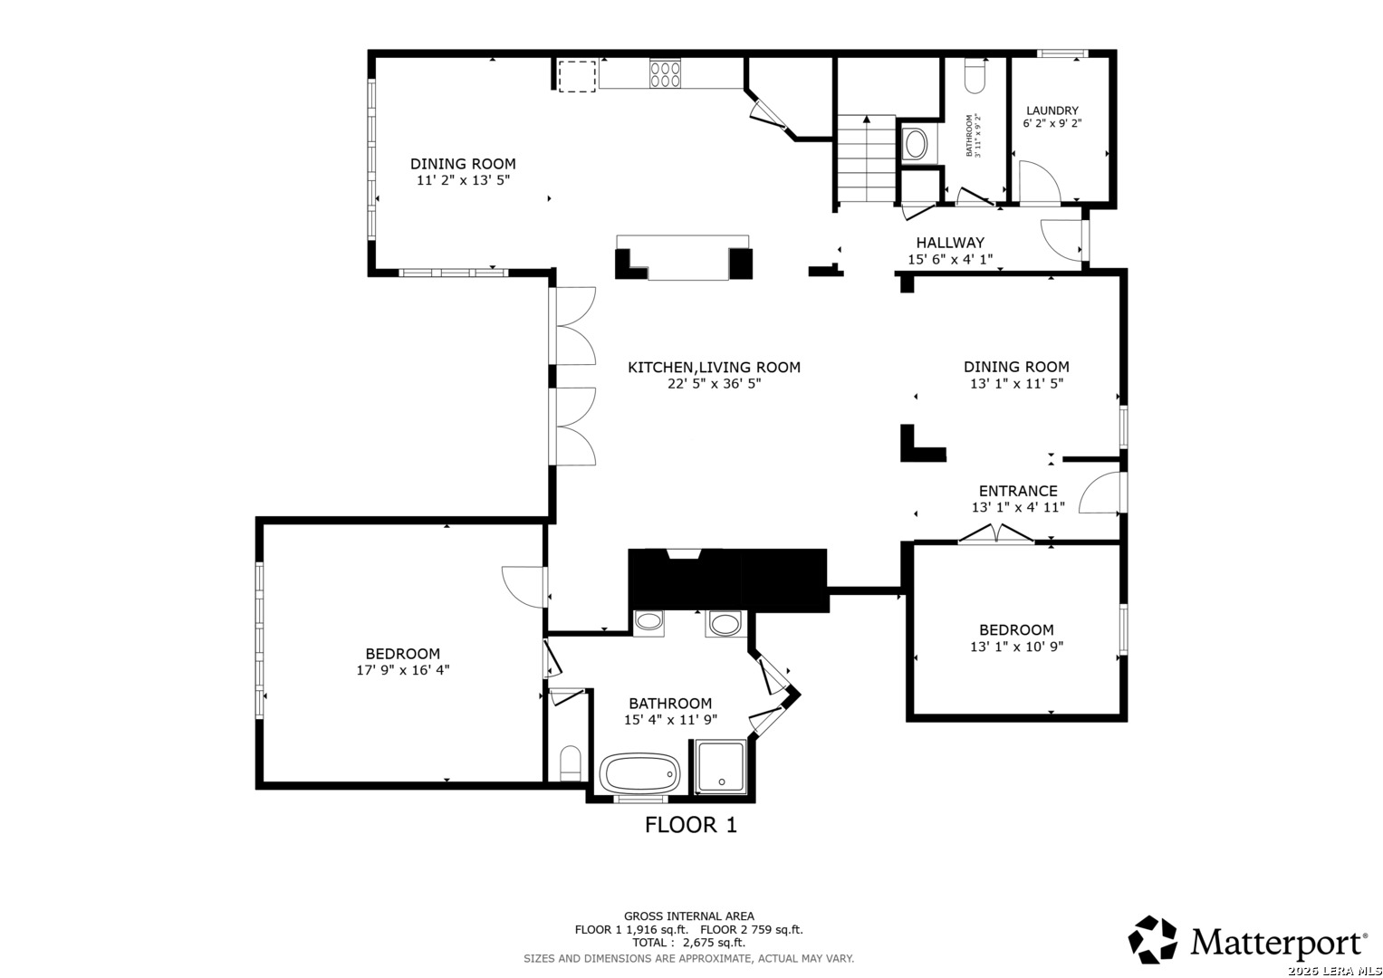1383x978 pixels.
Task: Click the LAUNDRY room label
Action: (x=1052, y=110)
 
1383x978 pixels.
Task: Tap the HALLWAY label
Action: (x=949, y=243)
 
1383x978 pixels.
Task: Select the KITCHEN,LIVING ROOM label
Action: (x=714, y=368)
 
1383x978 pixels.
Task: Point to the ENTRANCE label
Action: (x=1018, y=491)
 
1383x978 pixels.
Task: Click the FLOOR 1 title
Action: (x=691, y=825)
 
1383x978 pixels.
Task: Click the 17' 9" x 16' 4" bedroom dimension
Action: (x=402, y=670)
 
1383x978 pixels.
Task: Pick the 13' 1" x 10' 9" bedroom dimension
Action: (x=1016, y=647)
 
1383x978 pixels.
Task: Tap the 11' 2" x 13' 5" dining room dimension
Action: (x=463, y=180)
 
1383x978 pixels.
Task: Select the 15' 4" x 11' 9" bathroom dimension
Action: (x=670, y=719)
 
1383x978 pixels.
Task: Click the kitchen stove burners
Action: (x=665, y=73)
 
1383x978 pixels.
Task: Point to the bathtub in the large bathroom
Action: (x=639, y=773)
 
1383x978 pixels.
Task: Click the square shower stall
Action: (x=721, y=767)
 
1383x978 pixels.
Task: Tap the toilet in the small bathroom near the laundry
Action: (x=975, y=76)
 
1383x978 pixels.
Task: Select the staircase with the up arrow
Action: (x=866, y=158)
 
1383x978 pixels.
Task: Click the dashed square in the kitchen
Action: (x=577, y=76)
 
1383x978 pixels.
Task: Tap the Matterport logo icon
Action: (x=1152, y=940)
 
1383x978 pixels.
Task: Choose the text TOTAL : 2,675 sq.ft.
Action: (x=688, y=943)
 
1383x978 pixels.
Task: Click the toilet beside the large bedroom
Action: (x=571, y=763)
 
